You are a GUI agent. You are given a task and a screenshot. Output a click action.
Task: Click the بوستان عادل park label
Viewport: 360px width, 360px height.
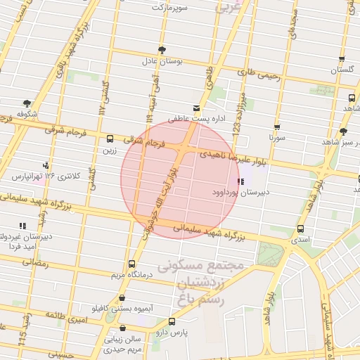point(163,62)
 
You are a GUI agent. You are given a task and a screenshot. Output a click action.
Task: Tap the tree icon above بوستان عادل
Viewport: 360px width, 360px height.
point(162,49)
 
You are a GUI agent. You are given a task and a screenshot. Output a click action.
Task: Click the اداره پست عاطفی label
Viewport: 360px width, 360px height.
point(195,120)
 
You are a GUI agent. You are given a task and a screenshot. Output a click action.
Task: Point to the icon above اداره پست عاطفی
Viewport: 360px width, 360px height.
point(195,108)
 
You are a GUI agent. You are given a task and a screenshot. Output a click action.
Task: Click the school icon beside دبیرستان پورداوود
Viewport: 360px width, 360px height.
point(243,181)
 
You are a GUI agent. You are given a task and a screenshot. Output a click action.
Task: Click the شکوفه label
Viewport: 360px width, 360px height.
point(27,113)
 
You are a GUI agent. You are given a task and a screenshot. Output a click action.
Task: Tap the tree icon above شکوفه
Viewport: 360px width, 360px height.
point(27,102)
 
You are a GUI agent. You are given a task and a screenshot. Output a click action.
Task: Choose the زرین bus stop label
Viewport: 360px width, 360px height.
point(110,150)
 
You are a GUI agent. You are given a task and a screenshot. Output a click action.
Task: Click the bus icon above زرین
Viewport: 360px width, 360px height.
point(110,139)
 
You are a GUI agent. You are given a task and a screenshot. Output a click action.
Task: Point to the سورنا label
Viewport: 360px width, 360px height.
point(276,139)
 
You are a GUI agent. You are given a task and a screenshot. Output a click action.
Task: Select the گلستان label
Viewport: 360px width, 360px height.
point(342,71)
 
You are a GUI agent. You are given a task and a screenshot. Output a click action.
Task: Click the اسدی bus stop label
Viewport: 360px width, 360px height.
point(300,240)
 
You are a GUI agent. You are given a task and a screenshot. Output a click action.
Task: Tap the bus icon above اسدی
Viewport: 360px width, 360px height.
point(301,229)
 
